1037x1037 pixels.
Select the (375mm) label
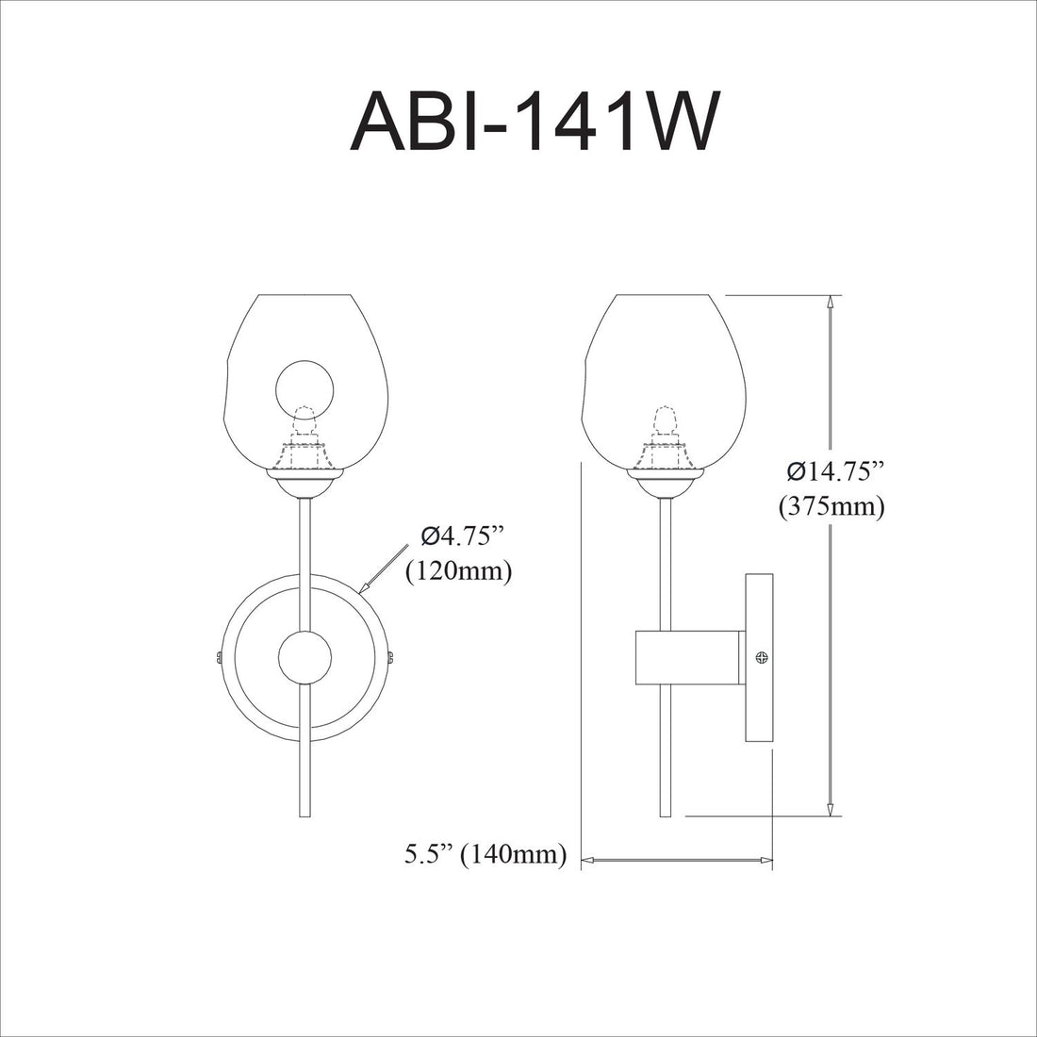point(831,507)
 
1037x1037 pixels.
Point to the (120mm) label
point(458,571)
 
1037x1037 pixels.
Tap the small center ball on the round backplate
point(305,657)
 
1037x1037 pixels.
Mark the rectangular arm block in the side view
point(690,657)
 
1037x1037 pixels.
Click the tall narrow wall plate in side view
point(760,657)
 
